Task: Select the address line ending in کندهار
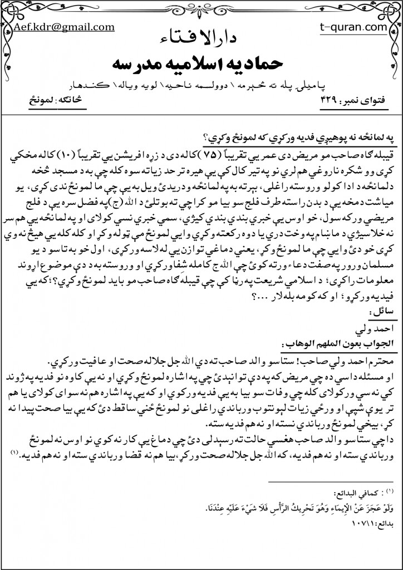coord(202,86)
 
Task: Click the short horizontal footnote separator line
coord(330,481)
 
